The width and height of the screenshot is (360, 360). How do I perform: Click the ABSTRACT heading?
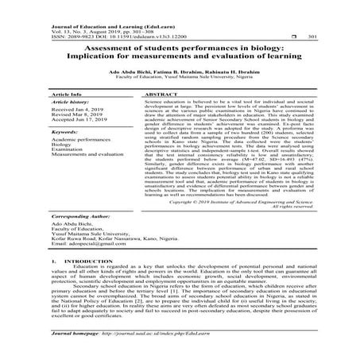(154, 93)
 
